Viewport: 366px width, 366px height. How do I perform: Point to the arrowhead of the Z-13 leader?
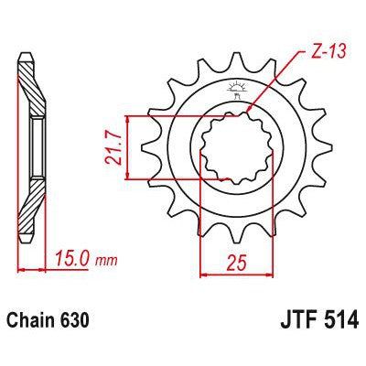pyautogui.click(x=249, y=113)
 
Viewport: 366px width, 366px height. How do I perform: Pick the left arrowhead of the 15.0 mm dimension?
pyautogui.click(x=20, y=271)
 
